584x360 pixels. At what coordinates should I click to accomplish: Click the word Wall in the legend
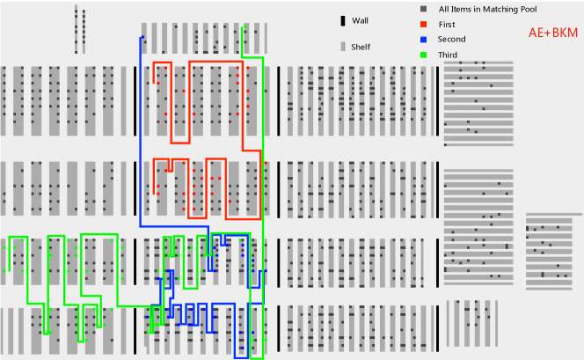point(361,20)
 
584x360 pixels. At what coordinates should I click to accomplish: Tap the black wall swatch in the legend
point(343,20)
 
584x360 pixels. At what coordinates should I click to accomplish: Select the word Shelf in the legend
point(361,47)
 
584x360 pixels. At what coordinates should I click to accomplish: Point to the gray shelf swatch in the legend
point(343,47)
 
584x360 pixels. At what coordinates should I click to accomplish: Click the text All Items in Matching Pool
point(493,9)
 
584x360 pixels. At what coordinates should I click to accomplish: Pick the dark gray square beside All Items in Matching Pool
point(423,9)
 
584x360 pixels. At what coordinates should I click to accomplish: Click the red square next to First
point(423,24)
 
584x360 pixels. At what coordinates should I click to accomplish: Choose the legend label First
point(449,24)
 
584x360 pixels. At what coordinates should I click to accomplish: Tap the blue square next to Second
point(423,40)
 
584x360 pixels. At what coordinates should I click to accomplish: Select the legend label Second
point(452,40)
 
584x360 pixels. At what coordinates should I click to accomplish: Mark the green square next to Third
point(423,55)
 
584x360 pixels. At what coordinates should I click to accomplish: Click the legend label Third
point(449,55)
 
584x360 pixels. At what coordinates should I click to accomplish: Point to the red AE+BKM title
point(553,33)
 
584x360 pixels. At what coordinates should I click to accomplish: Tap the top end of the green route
point(243,29)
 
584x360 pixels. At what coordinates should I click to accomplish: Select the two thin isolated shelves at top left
point(80,28)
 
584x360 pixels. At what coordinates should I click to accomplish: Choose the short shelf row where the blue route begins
point(203,38)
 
